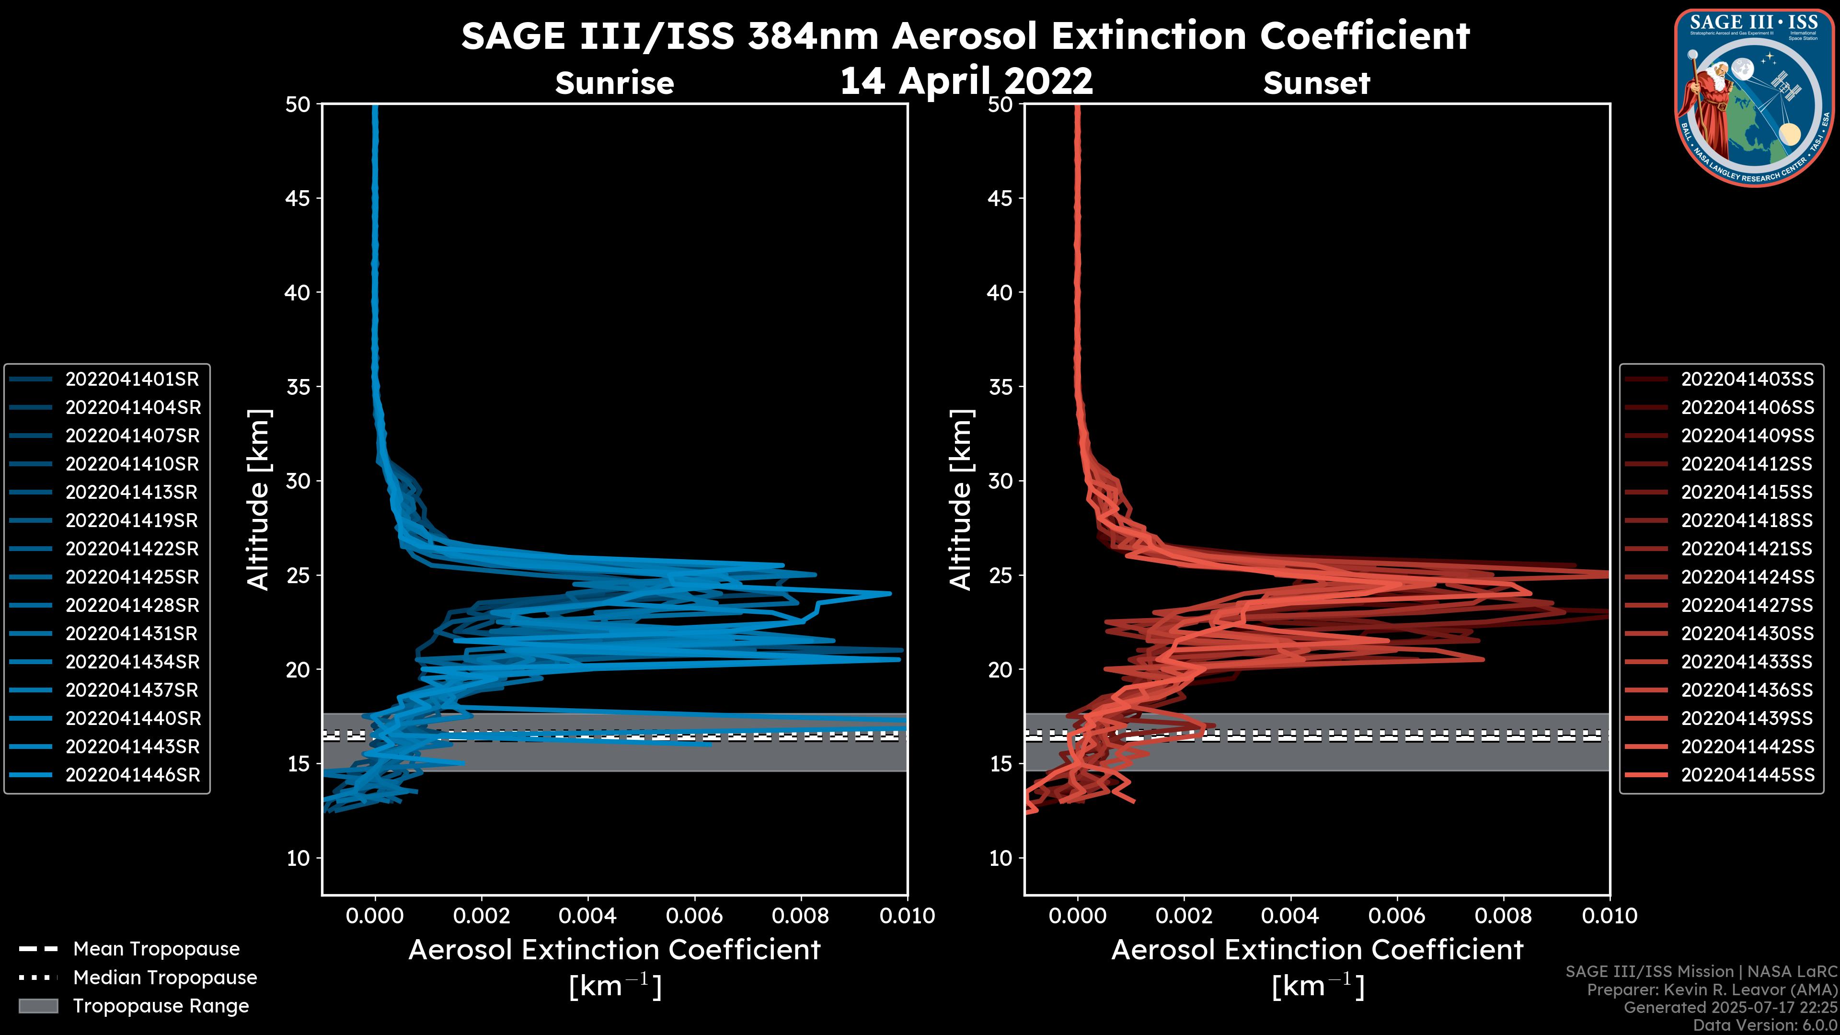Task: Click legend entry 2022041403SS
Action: (1747, 379)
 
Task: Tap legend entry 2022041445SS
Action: (1747, 775)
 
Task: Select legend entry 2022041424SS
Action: (1747, 577)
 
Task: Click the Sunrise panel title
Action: (614, 83)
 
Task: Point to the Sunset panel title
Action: (1316, 83)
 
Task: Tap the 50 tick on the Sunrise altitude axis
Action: (298, 105)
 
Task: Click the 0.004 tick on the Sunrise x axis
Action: (587, 916)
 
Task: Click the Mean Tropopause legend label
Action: (156, 949)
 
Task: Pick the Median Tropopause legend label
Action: (165, 978)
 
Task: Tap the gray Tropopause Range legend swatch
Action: (38, 1006)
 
